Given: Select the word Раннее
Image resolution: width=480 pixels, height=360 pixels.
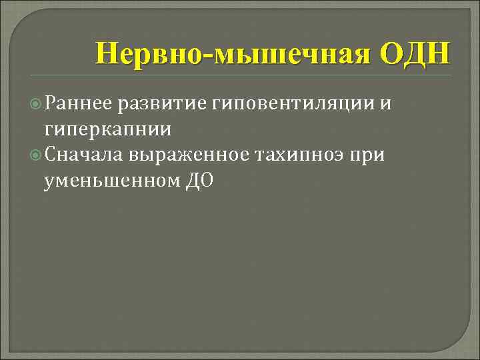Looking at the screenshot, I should click(x=78, y=103).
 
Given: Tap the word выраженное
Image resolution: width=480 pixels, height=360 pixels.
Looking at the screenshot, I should click(x=193, y=154).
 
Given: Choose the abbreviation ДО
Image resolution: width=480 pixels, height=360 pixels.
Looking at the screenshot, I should click(x=198, y=179).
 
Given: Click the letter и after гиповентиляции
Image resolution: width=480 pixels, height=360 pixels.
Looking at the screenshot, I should click(x=385, y=103).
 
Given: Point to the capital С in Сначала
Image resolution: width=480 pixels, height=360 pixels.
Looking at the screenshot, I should click(x=50, y=154).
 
